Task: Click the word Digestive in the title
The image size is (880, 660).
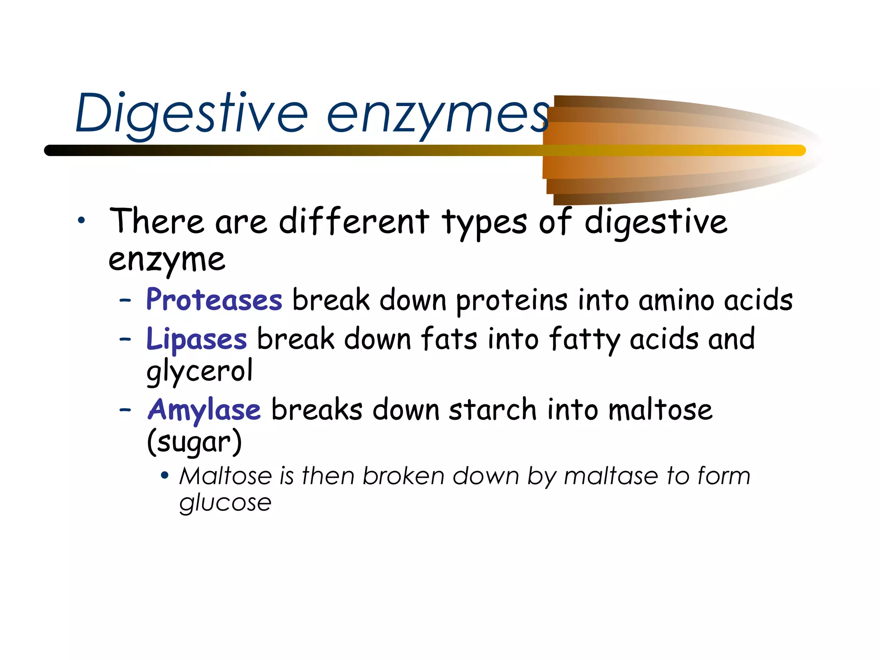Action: coord(191,114)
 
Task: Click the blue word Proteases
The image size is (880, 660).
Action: coord(214,299)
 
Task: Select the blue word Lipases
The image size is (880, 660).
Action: coord(196,339)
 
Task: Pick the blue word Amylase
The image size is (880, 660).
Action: coord(204,409)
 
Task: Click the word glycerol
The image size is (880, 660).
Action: coord(199,371)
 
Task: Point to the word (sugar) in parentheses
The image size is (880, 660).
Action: coord(194,442)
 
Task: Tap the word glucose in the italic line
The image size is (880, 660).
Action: coord(225,503)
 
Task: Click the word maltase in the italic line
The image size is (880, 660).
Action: coord(611,476)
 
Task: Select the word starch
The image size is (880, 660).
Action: coord(493,409)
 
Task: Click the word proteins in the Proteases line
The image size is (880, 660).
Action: coord(512,300)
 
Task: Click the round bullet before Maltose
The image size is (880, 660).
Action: coord(164,476)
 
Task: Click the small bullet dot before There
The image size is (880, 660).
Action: coord(81,221)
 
